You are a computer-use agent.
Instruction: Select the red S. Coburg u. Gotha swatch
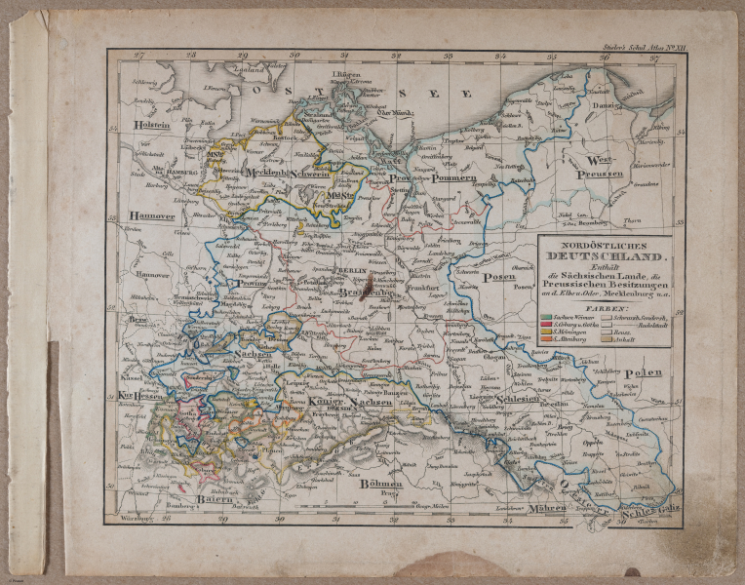(x=546, y=329)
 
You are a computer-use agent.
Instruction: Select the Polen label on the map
(x=643, y=373)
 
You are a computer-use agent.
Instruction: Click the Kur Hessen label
(x=139, y=396)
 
